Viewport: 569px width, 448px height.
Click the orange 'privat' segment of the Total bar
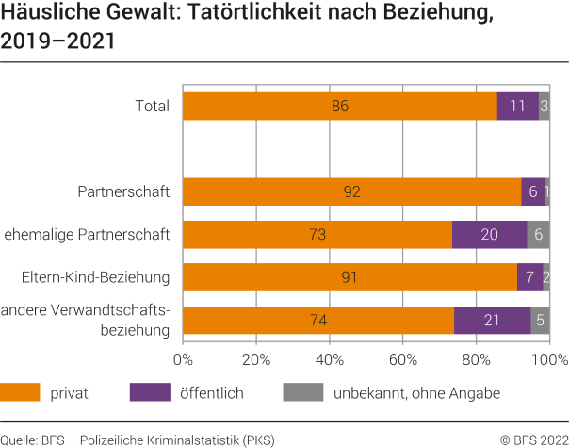pos(339,106)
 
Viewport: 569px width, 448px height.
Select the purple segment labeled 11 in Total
pos(517,106)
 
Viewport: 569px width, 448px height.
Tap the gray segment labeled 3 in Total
pos(545,106)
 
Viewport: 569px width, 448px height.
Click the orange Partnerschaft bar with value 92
pos(351,191)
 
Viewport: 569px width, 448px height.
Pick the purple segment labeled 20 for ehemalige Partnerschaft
pos(489,234)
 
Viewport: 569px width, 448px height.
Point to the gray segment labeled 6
pos(539,234)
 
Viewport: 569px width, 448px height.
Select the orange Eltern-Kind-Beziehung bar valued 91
pos(350,277)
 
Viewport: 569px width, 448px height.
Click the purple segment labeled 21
pos(492,321)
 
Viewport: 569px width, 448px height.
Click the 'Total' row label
pos(153,106)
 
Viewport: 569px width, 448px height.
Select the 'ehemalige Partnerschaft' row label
pos(88,234)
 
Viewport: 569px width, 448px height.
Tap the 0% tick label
pos(183,359)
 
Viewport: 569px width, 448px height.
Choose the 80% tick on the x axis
pos(477,359)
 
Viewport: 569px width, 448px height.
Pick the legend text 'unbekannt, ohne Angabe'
pos(416,392)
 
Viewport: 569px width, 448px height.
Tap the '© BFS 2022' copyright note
pos(533,438)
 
